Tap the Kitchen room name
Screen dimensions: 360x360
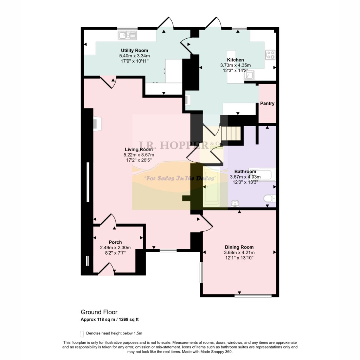235,60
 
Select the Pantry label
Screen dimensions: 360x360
267,104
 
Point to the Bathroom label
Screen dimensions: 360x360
245,172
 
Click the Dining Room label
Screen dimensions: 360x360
239,247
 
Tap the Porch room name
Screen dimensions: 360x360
115,242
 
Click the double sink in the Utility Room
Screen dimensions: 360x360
128,35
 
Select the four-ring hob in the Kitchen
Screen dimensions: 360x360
270,54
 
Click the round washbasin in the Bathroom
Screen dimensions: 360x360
234,204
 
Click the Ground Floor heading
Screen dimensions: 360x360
99,312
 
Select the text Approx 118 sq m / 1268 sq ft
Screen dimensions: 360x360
112,320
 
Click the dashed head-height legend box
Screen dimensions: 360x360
82,333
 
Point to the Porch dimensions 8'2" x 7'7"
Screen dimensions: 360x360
115,252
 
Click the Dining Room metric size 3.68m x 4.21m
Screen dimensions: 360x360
239,252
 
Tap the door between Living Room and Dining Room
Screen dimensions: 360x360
207,224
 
